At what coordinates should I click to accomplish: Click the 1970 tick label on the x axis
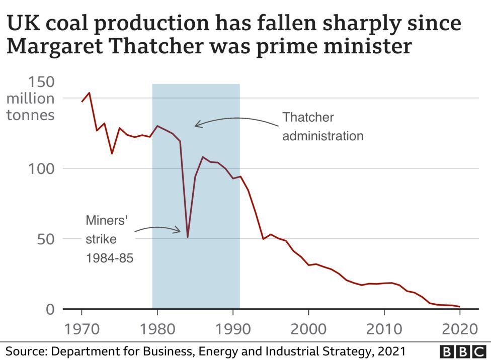[81, 330]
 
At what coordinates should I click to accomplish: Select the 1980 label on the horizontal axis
[157, 330]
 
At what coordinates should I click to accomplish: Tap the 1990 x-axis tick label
[232, 330]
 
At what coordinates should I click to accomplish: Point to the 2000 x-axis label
[308, 330]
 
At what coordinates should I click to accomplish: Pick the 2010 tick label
[384, 330]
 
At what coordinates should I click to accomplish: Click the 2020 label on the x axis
[459, 330]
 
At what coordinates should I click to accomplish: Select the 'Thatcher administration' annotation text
[322, 127]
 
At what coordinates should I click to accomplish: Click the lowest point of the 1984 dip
[188, 237]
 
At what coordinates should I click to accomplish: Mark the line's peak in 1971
[90, 93]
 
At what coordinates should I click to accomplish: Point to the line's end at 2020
[459, 306]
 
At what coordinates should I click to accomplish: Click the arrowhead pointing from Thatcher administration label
[197, 124]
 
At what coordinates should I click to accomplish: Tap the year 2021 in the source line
[389, 350]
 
